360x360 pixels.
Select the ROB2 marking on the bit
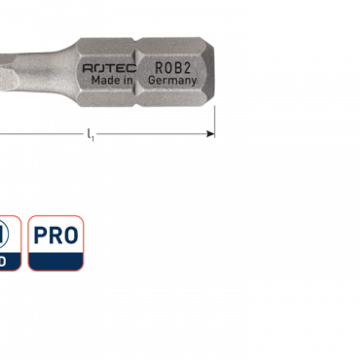pyautogui.click(x=172, y=67)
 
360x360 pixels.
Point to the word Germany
pyautogui.click(x=173, y=81)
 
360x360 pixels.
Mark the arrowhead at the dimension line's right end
pyautogui.click(x=210, y=134)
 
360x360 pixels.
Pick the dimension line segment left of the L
pyautogui.click(x=39, y=134)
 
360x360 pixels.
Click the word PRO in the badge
pyautogui.click(x=55, y=234)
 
